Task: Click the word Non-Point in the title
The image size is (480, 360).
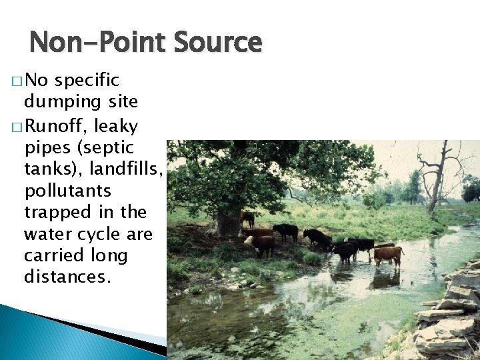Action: pyautogui.click(x=93, y=43)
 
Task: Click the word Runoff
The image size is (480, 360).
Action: pyautogui.click(x=65, y=125)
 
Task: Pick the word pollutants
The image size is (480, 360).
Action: pyautogui.click(x=67, y=191)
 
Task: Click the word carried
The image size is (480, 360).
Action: pyautogui.click(x=51, y=255)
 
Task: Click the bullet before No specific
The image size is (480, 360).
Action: pyautogui.click(x=17, y=82)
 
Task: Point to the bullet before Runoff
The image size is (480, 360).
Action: pyautogui.click(x=17, y=126)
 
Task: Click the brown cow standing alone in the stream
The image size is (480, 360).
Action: pyautogui.click(x=388, y=254)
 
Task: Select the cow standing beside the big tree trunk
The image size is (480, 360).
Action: pyautogui.click(x=248, y=218)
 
